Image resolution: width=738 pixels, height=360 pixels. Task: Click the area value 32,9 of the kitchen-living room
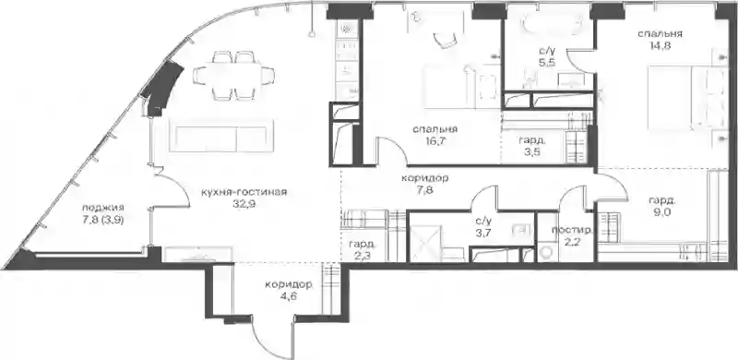[244, 204]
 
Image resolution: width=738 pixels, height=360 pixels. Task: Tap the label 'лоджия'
[102, 208]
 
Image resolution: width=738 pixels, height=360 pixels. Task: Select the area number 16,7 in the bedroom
[434, 140]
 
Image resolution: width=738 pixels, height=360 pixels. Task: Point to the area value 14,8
[660, 46]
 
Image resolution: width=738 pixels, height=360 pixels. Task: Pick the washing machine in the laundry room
[548, 253]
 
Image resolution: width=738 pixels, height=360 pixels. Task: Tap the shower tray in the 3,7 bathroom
[426, 243]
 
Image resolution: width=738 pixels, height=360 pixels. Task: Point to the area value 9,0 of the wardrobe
[661, 212]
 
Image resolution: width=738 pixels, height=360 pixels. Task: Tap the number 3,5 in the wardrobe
[532, 151]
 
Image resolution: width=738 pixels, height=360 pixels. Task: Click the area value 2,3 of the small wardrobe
[362, 255]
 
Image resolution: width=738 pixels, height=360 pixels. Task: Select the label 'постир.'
[572, 231]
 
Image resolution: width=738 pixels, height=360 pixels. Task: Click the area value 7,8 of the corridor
[424, 190]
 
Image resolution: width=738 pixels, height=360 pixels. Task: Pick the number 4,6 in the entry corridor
[288, 296]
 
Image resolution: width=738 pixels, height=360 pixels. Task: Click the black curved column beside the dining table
[162, 89]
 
